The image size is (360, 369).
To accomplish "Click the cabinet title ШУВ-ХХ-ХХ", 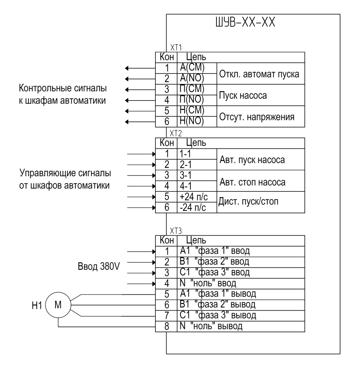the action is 245,22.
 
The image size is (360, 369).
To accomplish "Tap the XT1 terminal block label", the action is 176,48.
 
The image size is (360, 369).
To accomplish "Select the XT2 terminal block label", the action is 176,133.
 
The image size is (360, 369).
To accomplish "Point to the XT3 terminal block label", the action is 176,231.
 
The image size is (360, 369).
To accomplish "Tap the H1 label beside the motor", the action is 37,306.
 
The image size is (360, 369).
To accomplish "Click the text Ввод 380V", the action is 99,266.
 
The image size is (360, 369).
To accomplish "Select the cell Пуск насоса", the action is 243,95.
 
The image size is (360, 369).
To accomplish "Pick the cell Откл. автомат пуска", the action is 259,74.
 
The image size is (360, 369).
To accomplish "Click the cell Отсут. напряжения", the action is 257,117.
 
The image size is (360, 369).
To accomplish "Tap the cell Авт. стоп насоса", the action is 253,182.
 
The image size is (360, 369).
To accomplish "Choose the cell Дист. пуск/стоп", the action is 248,201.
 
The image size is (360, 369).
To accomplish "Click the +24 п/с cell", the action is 193,197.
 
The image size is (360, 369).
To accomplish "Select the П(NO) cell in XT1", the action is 192,99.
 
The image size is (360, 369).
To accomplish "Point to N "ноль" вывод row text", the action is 211,326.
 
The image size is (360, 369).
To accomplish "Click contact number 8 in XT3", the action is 167,326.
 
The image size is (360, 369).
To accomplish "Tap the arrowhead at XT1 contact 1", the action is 127,68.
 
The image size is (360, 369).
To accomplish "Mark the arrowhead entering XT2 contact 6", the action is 154,208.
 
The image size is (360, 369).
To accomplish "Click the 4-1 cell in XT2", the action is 186,186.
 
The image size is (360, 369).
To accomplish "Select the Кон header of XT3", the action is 167,240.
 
